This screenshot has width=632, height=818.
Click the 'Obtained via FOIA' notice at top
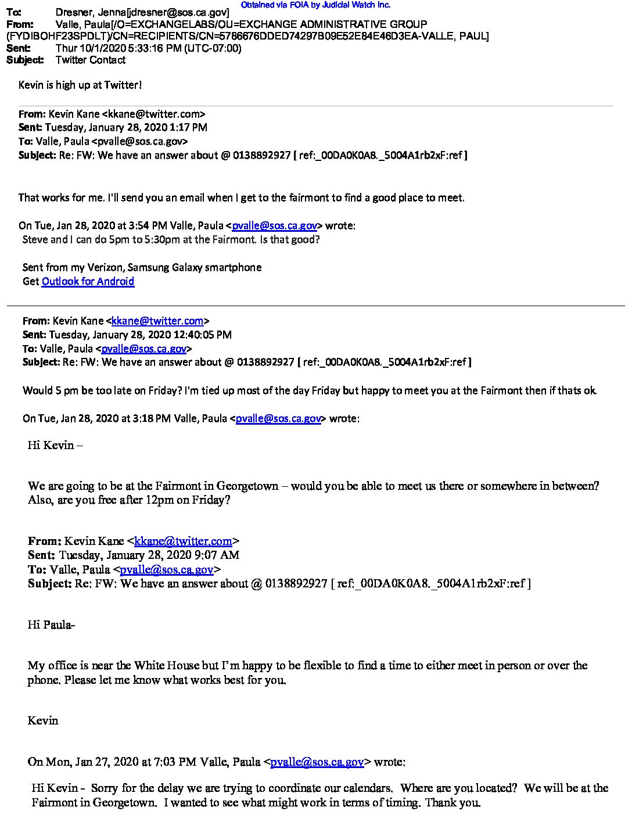[x=315, y=5]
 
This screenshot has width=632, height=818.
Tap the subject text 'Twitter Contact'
[x=91, y=60]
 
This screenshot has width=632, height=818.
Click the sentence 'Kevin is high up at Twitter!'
[x=80, y=85]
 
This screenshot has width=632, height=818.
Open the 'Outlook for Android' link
[x=88, y=281]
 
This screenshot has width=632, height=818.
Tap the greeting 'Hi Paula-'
[x=51, y=625]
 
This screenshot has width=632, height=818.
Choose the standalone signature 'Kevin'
[x=43, y=720]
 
